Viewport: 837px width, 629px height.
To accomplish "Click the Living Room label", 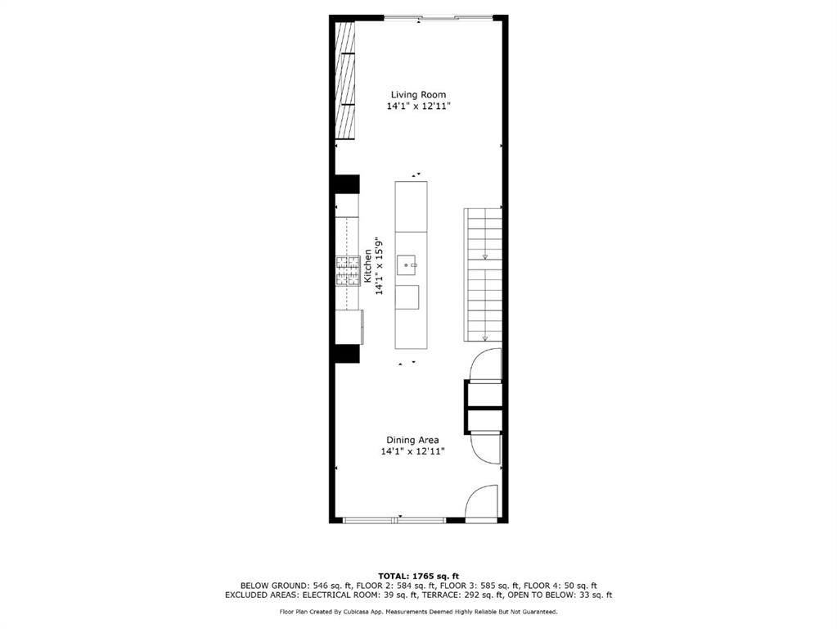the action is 418,95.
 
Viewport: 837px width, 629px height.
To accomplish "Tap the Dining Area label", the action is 412,441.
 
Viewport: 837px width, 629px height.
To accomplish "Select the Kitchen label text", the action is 368,265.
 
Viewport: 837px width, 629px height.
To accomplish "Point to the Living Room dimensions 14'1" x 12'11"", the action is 419,106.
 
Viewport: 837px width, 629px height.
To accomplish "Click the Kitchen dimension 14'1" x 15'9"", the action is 380,265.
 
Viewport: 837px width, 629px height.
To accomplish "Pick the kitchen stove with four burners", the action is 348,271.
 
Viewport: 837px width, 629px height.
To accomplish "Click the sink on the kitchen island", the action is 408,265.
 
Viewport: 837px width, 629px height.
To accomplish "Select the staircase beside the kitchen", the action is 483,274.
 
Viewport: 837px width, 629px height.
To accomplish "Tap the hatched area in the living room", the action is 344,81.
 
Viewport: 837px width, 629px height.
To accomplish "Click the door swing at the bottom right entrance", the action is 481,501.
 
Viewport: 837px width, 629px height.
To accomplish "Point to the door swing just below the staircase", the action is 484,364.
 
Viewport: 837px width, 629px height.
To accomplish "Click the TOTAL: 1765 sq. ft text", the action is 419,576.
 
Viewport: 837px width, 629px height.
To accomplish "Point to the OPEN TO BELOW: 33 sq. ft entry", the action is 560,595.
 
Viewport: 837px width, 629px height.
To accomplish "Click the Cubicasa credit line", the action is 419,612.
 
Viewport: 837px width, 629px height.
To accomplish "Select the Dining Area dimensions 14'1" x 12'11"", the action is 412,451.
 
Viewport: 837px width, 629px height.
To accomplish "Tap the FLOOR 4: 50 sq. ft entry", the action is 561,586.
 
